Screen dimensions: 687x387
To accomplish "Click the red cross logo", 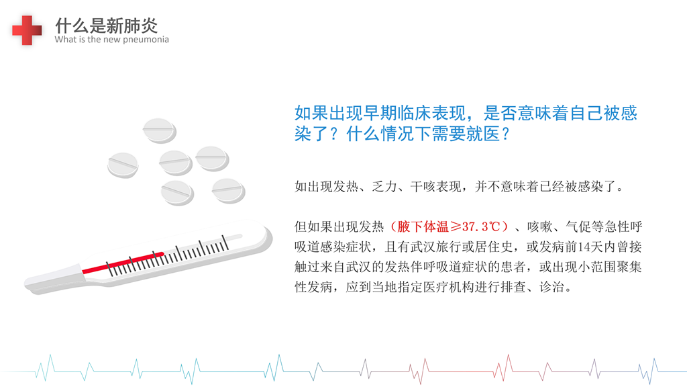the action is (27, 30).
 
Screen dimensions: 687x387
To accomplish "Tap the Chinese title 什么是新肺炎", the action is (106, 26).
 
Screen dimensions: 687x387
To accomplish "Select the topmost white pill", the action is (160, 130).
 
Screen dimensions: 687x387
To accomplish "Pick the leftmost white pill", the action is (123, 165).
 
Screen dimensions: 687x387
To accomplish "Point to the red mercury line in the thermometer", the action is (123, 263).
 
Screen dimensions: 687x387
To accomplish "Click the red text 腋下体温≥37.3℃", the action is (449, 226).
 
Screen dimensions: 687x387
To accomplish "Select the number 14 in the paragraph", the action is (584, 247).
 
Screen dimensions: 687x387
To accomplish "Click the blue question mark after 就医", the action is (506, 134).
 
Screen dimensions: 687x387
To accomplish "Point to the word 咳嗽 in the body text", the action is (540, 226).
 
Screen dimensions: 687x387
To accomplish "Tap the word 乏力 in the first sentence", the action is (384, 187).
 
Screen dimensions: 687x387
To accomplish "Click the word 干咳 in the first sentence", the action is (423, 187).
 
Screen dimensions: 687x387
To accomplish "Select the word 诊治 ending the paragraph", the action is (551, 287).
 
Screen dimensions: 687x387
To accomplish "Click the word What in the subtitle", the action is (66, 39).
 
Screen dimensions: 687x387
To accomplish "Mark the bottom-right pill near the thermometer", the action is (228, 190).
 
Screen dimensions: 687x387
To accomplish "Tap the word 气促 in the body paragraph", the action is (578, 226).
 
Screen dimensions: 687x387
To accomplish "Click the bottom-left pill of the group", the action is (177, 193).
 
